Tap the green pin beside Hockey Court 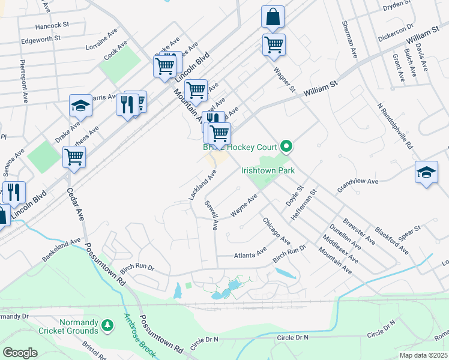point(287,146)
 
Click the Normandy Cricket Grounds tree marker point(107,325)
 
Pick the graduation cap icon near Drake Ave point(80,106)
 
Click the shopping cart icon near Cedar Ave point(74,157)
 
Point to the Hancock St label point(53,26)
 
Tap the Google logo point(20,352)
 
